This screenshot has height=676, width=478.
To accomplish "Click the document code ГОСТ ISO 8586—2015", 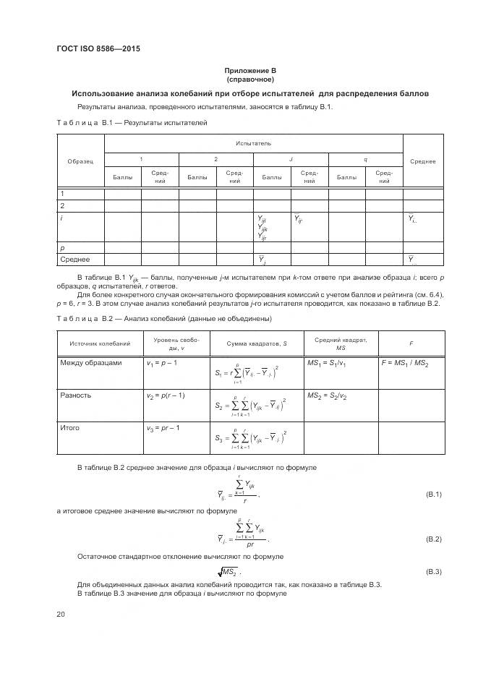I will click(98, 49).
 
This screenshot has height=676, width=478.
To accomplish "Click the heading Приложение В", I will click(251, 70).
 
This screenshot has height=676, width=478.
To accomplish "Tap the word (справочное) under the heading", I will click(251, 80).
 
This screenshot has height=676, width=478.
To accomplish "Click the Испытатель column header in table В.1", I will click(253, 144).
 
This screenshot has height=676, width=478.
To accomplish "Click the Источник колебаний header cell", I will click(100, 343).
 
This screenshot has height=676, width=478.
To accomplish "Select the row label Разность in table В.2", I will click(76, 395).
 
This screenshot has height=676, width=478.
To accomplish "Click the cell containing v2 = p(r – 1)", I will click(166, 395).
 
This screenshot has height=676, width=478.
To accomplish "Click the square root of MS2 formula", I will click(250, 572).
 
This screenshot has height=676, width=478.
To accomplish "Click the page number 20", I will click(61, 614).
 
